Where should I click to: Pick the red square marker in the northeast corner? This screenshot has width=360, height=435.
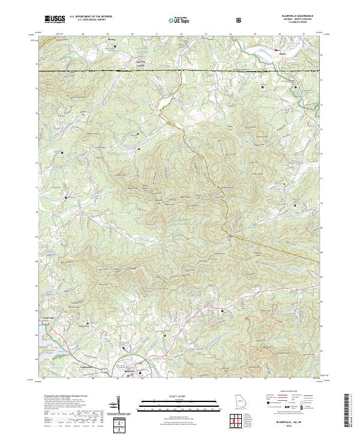coord(276,50)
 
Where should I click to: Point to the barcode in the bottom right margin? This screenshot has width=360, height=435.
coord(347,411)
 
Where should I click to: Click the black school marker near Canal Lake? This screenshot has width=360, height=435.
coord(89,325)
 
